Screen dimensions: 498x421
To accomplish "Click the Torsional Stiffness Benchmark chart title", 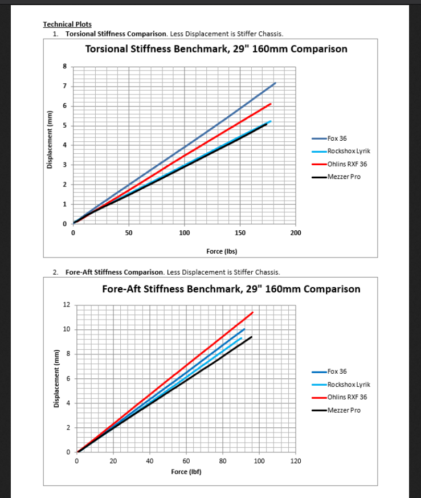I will pos(216,49).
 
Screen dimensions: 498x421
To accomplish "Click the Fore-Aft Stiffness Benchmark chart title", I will pos(231,289).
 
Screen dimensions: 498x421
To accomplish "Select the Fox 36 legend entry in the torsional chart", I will pos(337,138).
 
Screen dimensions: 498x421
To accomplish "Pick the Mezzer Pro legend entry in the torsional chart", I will pos(344,177).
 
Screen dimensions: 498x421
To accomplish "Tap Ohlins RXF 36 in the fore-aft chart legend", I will pos(347,397).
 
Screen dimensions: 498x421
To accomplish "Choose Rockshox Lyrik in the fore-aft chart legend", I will pos(349,385).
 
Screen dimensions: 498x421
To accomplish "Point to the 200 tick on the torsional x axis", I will pos(296,233).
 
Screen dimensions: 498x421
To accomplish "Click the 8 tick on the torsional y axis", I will pos(64,67).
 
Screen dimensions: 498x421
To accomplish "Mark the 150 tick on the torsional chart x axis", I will pos(240,233).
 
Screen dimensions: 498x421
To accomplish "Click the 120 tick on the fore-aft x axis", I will pos(296,461).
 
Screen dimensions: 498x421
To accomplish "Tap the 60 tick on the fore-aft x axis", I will pos(186,461).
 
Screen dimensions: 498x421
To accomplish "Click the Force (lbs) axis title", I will pos(222,251).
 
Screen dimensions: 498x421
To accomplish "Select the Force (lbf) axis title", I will pos(186,472).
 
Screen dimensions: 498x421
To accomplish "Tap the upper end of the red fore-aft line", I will pos(252,312).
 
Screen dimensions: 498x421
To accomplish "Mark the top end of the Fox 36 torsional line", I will pos(275,83).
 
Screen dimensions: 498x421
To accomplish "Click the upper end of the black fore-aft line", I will pos(251,337).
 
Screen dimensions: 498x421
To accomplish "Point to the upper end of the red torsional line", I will pos(270,104).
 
